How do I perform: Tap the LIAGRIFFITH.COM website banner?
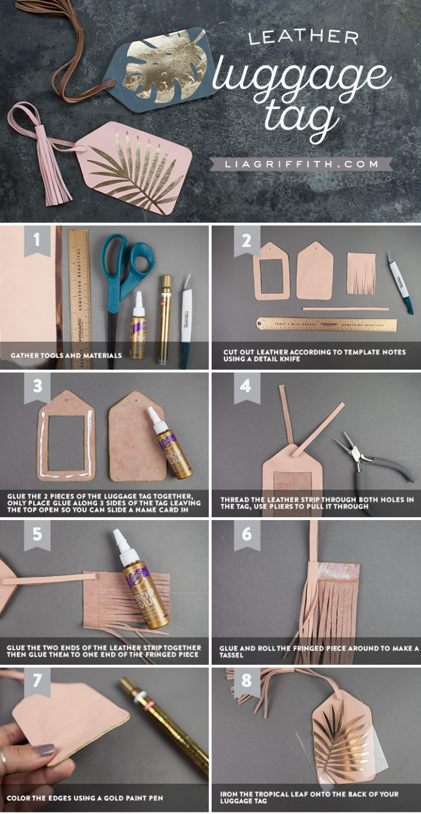tap(302, 164)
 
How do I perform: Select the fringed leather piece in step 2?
tap(361, 272)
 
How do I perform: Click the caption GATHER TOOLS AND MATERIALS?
tap(66, 355)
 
